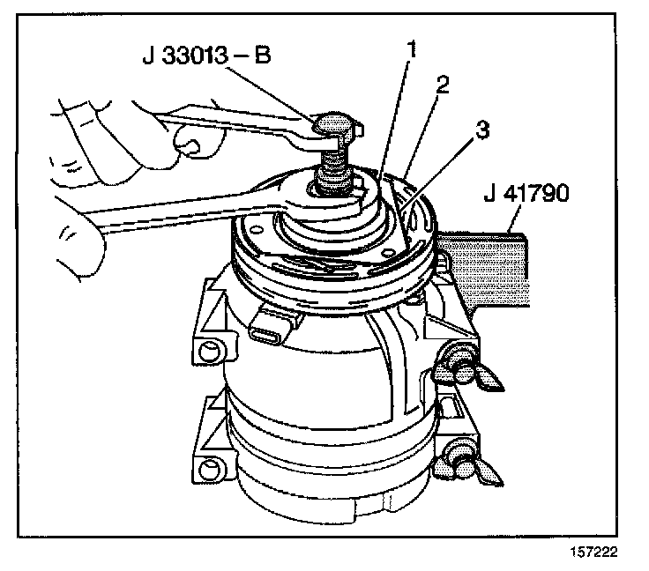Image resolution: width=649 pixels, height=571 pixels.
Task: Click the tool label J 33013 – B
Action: click(206, 59)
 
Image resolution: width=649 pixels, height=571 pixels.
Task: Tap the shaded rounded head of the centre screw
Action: click(334, 123)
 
